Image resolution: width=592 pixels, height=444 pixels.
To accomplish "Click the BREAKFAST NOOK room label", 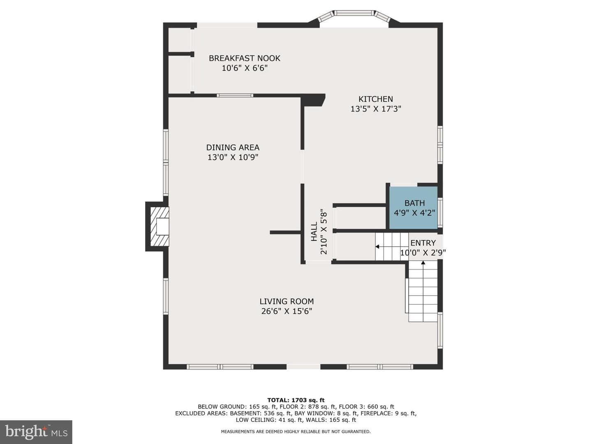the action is pos(244,58).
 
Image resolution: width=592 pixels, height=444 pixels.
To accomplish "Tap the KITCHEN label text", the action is pos(375,99).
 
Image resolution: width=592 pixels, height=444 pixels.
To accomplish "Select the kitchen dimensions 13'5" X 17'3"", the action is pos(376,109).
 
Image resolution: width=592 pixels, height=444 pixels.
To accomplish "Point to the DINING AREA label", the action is pos(233,148).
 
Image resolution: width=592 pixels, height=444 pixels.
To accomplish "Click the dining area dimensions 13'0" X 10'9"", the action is pos(233,157).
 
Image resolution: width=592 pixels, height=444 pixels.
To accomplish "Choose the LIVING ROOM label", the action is pos(287,301).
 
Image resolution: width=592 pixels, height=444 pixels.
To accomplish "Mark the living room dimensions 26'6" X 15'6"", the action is pos(287,311).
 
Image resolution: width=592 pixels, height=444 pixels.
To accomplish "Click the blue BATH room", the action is pos(413,208).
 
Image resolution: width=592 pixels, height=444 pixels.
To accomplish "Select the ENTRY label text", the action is pos(423,243).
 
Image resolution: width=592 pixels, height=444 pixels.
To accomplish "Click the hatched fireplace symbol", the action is pos(160,227).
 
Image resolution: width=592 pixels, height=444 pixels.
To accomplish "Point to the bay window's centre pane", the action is pos(354,13).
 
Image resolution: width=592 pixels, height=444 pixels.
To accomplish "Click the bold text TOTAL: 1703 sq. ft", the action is pos(296,400).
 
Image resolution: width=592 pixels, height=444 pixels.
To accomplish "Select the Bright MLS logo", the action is pos(36,432).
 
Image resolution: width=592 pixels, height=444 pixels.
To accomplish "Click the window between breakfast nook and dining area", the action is pos(235,95).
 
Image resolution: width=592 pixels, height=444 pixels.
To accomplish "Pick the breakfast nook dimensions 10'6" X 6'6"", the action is pos(245,68).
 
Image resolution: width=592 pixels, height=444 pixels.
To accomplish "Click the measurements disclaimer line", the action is pos(296,432).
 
